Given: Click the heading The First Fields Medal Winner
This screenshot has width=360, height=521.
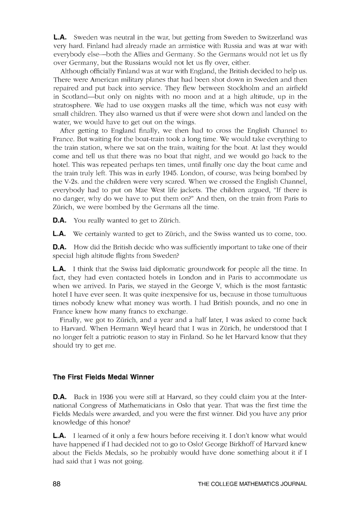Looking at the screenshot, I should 103,377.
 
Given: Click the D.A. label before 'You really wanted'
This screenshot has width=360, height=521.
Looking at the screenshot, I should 59,220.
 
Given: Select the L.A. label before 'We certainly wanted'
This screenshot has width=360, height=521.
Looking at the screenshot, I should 59,234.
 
